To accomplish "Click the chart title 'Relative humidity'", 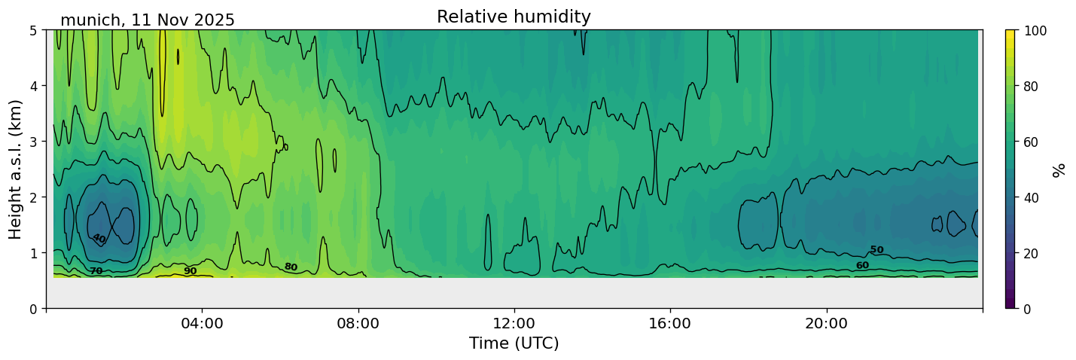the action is [514, 17].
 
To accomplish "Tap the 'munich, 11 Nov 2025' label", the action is [148, 20].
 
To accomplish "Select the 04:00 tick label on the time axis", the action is [203, 323].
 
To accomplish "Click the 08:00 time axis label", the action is [358, 323].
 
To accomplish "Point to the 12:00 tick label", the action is [514, 323].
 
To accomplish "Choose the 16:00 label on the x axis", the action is [670, 323].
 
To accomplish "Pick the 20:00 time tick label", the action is [826, 323].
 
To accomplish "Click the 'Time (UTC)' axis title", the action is [514, 343].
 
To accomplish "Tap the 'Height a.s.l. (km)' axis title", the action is [15, 169].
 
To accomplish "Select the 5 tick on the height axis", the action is [34, 31].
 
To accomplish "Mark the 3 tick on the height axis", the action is [34, 142].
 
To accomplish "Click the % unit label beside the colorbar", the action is [1058, 169].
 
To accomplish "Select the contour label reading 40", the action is [99, 238].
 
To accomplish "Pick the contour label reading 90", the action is [191, 271].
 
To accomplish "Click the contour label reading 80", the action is [291, 267].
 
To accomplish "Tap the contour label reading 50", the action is [876, 249].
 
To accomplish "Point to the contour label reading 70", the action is [96, 271].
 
